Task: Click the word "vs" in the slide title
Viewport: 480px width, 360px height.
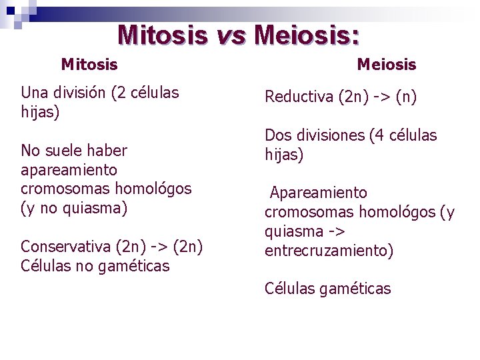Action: (230, 35)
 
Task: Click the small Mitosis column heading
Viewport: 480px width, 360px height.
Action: (89, 65)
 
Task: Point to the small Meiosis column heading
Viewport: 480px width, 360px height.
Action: (387, 65)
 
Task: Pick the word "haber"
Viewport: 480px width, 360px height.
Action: (106, 151)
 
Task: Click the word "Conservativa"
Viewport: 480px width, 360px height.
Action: (65, 247)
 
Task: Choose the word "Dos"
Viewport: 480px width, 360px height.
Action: (278, 136)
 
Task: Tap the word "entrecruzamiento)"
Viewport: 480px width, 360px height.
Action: (329, 251)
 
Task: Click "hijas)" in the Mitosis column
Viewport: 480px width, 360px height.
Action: (40, 112)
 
